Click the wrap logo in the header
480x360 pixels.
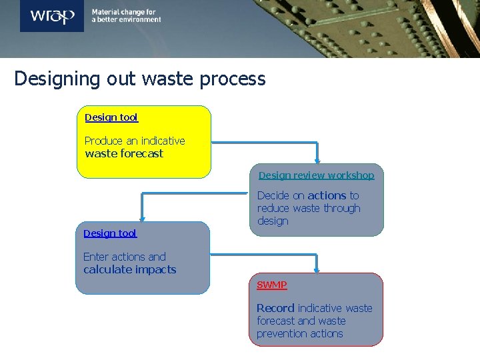[52, 15]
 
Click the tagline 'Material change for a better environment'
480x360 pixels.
[126, 16]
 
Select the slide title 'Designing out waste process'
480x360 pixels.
[140, 79]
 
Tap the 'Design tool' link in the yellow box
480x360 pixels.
[111, 117]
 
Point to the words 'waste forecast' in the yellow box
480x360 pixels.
[124, 153]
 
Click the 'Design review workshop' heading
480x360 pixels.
[316, 175]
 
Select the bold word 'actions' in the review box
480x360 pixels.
[327, 195]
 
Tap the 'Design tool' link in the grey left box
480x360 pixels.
[110, 233]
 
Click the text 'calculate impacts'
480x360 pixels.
[130, 269]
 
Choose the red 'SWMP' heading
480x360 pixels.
[272, 285]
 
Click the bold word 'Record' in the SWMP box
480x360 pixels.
[275, 308]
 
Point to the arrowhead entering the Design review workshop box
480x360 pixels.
[317, 159]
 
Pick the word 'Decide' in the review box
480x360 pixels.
[273, 195]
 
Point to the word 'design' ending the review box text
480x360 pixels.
[273, 221]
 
